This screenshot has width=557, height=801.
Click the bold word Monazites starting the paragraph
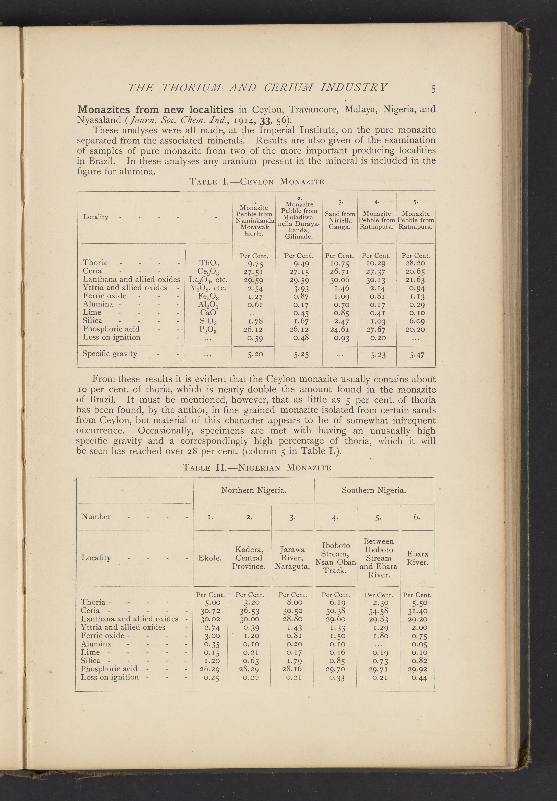(x=103, y=109)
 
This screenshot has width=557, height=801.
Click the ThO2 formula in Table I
(x=209, y=263)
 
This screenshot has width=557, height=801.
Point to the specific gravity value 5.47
(x=417, y=355)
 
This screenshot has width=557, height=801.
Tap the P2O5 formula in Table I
(x=209, y=329)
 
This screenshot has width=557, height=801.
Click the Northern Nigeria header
(x=254, y=490)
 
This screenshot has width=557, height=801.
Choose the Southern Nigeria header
(x=374, y=490)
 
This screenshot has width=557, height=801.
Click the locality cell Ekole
(x=210, y=558)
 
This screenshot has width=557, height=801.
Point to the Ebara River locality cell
(x=417, y=558)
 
